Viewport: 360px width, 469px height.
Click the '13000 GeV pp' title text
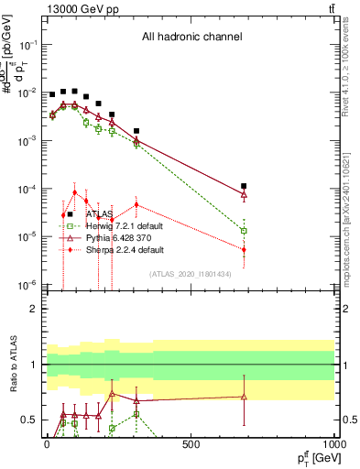point(79,9)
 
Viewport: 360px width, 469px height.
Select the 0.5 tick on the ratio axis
point(30,420)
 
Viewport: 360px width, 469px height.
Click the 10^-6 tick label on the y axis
point(27,285)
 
